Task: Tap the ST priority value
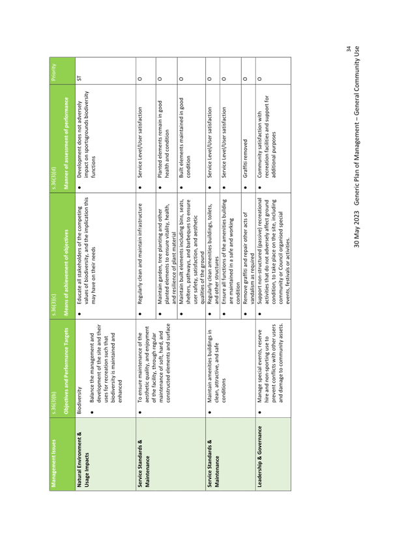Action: (79, 78)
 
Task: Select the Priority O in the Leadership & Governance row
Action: (259, 78)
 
